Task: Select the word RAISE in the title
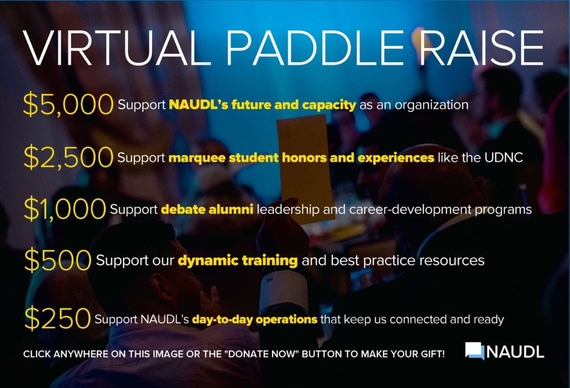[481, 48]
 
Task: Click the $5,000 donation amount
[68, 105]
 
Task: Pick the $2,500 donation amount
[68, 157]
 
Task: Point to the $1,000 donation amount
[65, 208]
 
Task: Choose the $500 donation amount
[57, 260]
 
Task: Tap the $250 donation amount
[57, 318]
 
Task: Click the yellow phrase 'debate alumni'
[207, 210]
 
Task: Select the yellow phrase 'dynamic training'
[238, 261]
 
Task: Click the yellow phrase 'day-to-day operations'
[254, 320]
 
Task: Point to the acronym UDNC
[503, 157]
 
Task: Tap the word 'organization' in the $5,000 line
[431, 105]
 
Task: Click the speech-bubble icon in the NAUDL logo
[475, 351]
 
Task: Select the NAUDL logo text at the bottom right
[515, 352]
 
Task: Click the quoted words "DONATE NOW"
[262, 354]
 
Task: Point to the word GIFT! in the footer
[431, 354]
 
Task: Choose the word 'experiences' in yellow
[396, 158]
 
